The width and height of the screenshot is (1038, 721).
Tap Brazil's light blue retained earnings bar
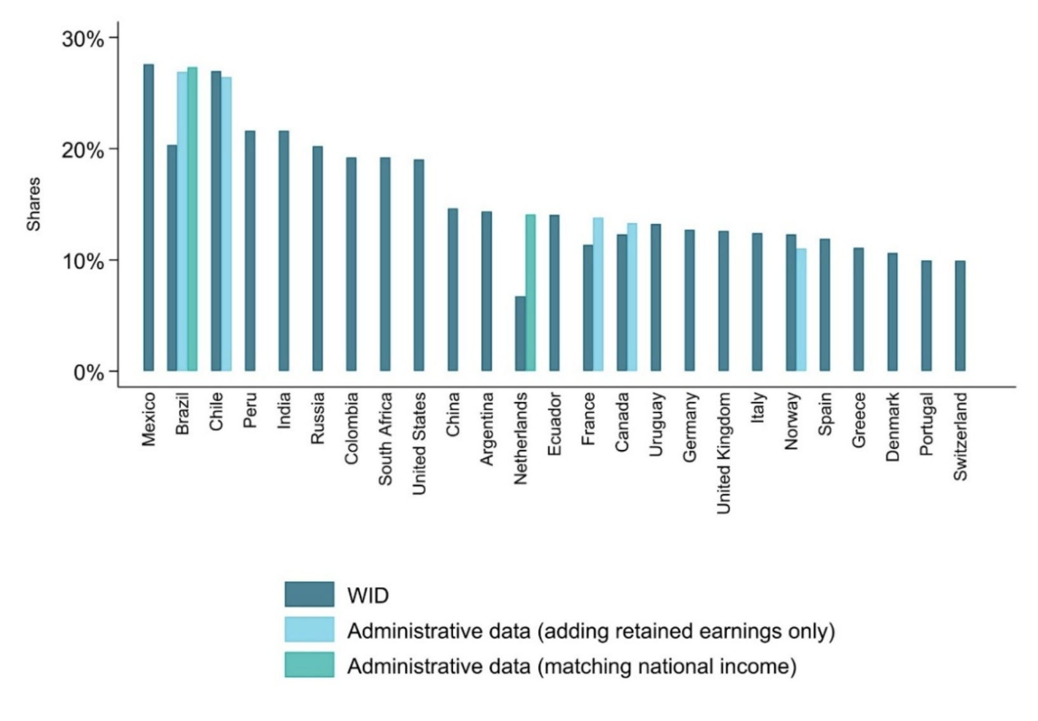tap(182, 222)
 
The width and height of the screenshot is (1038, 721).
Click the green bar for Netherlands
tap(530, 293)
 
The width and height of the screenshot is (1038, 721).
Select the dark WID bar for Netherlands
tap(520, 334)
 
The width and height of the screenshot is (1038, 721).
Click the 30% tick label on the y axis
tap(82, 39)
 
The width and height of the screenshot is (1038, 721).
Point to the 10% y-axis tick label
tap(82, 261)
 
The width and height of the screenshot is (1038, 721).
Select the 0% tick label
tap(88, 372)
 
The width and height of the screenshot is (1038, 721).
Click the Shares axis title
tap(33, 204)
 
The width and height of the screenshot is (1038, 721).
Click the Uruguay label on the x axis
tap(656, 424)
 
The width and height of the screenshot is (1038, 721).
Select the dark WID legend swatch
tap(309, 595)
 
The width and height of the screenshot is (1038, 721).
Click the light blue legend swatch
tap(309, 630)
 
